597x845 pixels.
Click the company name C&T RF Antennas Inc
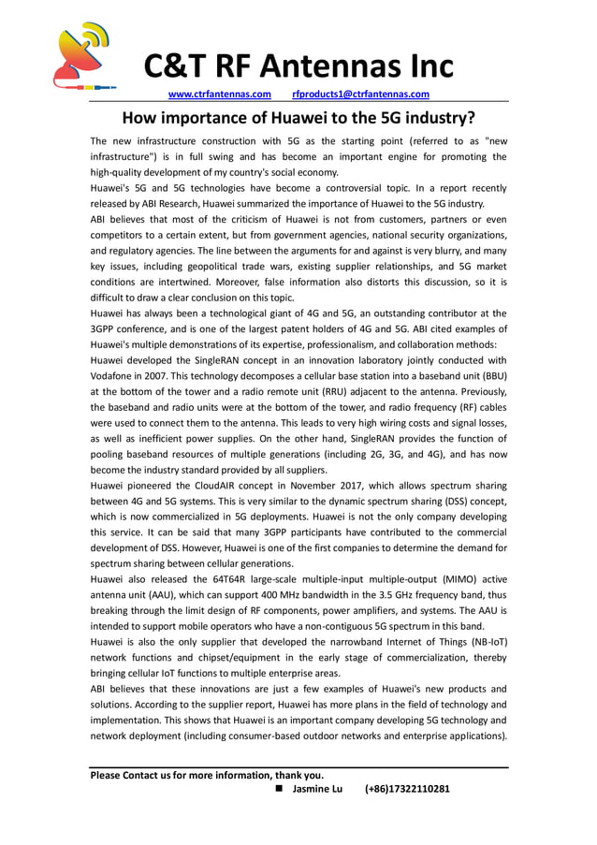click(298, 66)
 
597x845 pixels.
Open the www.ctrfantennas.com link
click(219, 95)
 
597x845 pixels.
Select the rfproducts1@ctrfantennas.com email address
click(360, 95)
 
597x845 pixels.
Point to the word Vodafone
click(117, 375)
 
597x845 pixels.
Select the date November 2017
click(325, 487)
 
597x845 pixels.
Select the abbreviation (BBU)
click(488, 375)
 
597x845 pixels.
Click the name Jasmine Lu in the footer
click(317, 789)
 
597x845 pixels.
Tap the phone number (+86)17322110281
click(407, 789)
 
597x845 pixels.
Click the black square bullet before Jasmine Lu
click(279, 789)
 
